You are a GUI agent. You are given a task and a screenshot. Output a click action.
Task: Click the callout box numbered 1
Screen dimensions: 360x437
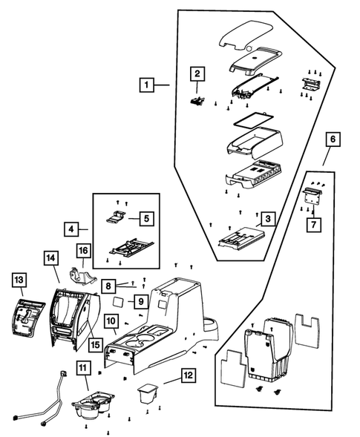click(147, 85)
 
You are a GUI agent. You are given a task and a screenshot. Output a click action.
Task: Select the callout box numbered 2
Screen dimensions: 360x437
click(197, 74)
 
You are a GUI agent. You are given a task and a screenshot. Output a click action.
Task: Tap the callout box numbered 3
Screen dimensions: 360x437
click(268, 219)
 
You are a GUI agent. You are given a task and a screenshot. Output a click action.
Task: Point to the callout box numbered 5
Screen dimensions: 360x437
click(147, 218)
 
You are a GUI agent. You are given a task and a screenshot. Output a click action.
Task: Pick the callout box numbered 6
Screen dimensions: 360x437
click(333, 139)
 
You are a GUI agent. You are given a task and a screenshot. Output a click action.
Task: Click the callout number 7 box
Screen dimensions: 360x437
click(314, 225)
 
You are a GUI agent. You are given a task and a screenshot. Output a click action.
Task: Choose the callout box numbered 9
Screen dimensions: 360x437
click(141, 301)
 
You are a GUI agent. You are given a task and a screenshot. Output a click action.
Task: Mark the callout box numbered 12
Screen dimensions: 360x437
click(189, 375)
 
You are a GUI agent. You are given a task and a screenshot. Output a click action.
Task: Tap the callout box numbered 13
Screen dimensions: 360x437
click(19, 280)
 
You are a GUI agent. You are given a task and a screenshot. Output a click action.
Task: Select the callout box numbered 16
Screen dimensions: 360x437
click(84, 251)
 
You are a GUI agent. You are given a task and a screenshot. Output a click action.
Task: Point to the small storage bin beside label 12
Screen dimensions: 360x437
click(148, 393)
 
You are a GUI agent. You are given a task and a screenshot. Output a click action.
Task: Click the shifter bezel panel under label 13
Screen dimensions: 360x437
click(28, 318)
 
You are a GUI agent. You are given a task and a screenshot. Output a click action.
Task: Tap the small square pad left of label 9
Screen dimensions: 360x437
click(118, 302)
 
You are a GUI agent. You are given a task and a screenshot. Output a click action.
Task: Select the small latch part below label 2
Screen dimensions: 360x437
click(197, 100)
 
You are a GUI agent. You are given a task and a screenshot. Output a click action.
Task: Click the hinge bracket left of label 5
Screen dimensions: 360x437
click(116, 217)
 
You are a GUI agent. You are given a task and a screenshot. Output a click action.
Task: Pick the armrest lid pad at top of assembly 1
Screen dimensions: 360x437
click(246, 35)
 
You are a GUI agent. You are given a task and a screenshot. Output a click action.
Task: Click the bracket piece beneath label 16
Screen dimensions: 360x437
click(82, 277)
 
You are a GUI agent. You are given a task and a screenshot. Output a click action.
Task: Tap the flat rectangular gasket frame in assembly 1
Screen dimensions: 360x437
click(253, 120)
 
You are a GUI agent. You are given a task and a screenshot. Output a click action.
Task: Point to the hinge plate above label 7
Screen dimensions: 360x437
click(312, 195)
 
